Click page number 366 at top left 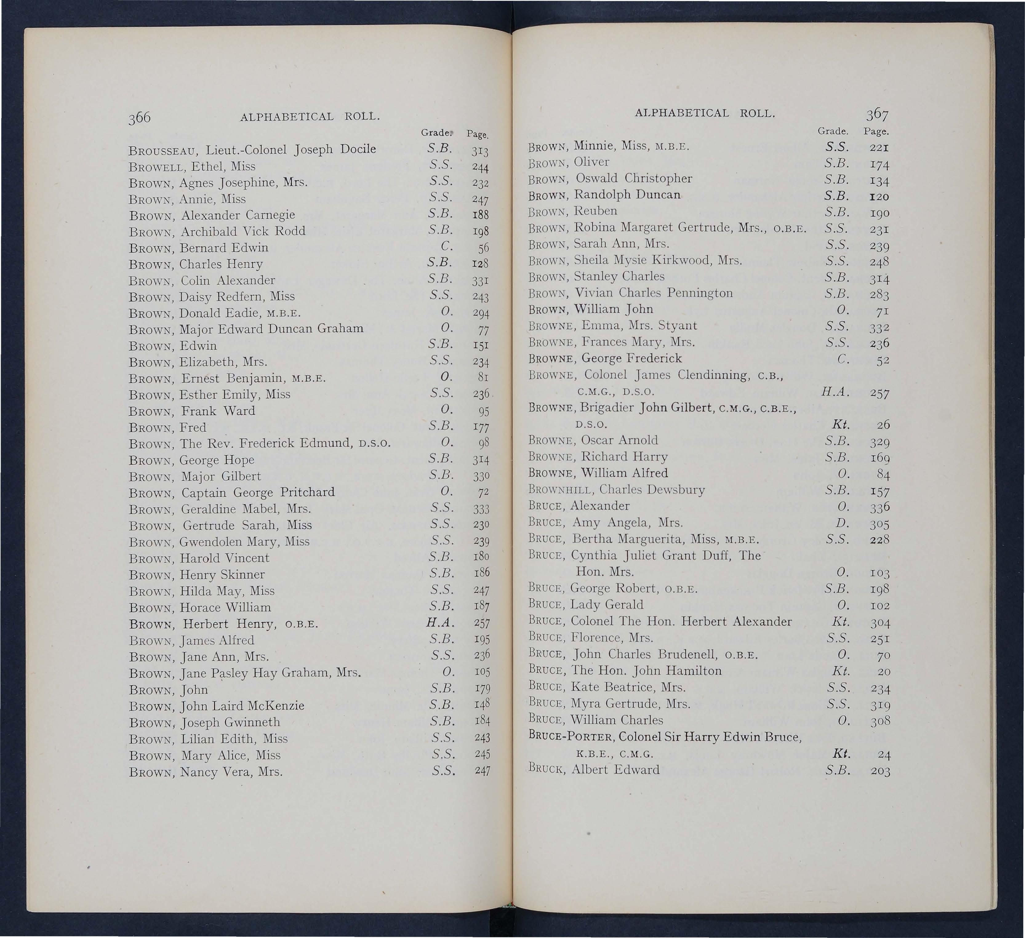click(140, 118)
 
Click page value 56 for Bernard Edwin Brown click(483, 248)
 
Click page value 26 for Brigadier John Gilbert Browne click(883, 425)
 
